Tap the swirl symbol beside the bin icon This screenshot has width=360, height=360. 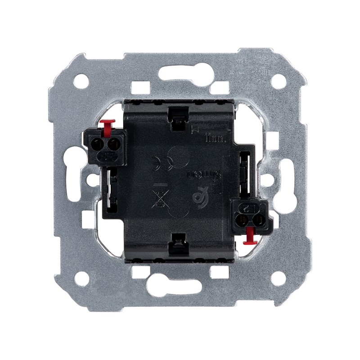coord(200,197)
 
